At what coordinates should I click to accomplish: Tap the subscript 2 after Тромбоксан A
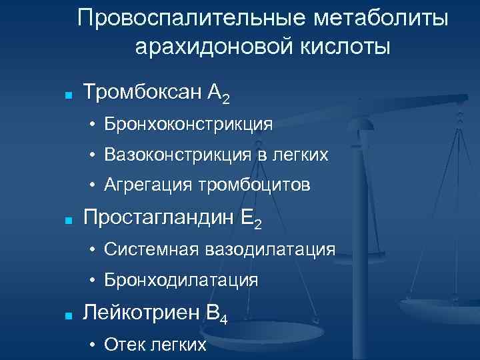[x=227, y=100]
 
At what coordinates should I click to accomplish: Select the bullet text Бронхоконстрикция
[x=188, y=125]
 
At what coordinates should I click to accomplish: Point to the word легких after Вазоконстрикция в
[x=301, y=155]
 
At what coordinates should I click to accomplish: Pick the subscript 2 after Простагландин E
[x=257, y=225]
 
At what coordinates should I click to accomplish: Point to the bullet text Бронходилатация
[x=181, y=280]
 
